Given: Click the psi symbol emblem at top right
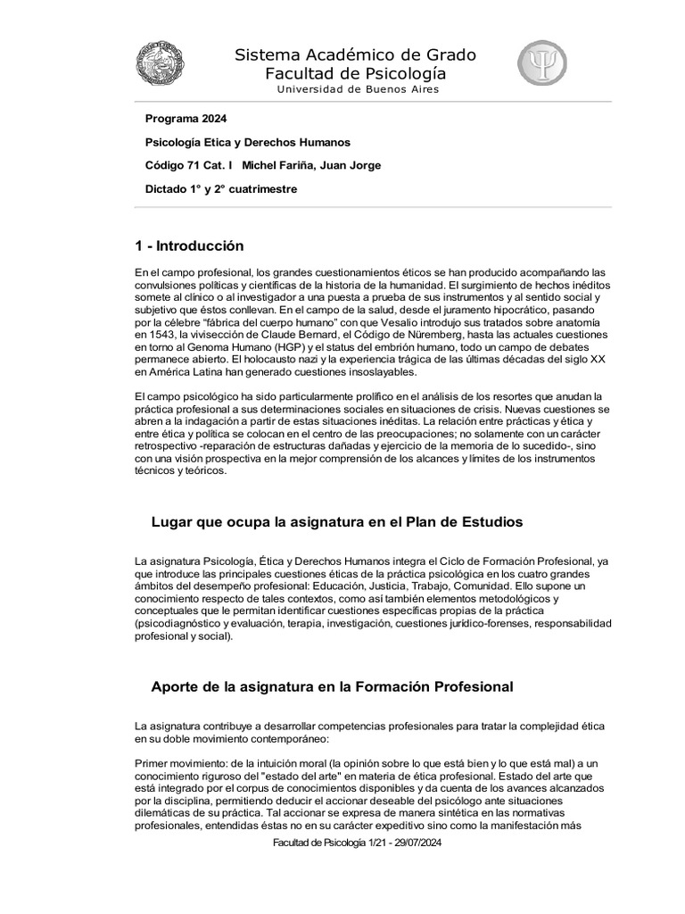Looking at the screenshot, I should point(541,63).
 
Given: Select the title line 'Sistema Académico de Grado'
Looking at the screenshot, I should point(355,55).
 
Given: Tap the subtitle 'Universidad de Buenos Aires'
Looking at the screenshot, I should point(358,89).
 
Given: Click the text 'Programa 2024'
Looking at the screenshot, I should point(186,119).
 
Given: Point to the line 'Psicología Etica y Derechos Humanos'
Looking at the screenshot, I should point(247,142).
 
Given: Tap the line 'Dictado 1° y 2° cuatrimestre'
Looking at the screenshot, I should point(220,188).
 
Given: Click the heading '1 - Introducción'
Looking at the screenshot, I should point(189,245).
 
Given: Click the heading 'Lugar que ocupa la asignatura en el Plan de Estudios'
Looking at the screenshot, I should point(337,521).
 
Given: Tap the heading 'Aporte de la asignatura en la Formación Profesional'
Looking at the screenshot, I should point(332,686).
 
